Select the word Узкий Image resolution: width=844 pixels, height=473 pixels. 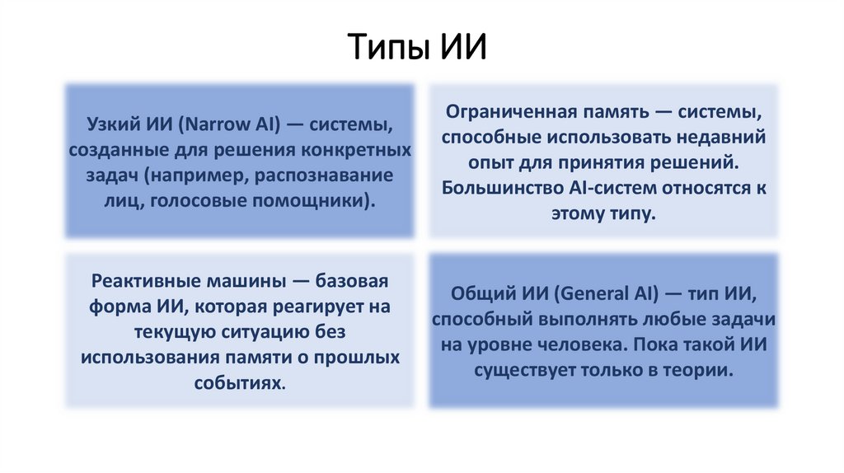pyautogui.click(x=110, y=127)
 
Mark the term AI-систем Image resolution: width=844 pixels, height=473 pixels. pyautogui.click(x=612, y=187)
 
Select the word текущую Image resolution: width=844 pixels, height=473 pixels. pyautogui.click(x=172, y=332)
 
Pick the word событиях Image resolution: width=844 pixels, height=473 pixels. pyautogui.click(x=240, y=383)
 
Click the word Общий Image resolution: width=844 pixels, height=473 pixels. pyautogui.click(x=476, y=294)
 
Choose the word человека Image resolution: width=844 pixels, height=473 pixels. pyautogui.click(x=588, y=345)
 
